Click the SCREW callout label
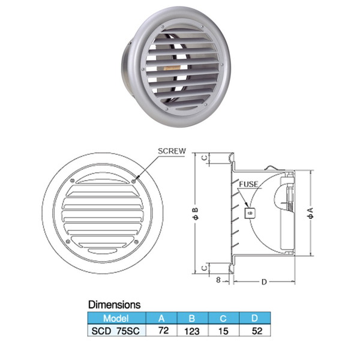pos(172,151)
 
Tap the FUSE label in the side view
pos(248,184)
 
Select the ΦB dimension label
pos(196,214)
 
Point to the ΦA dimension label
pos(310,213)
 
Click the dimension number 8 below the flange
pos(218,280)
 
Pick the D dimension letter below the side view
pos(264,282)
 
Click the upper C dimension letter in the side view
pos(205,158)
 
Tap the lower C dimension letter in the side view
pos(205,268)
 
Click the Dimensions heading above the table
pos(115,305)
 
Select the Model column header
pos(116,319)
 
